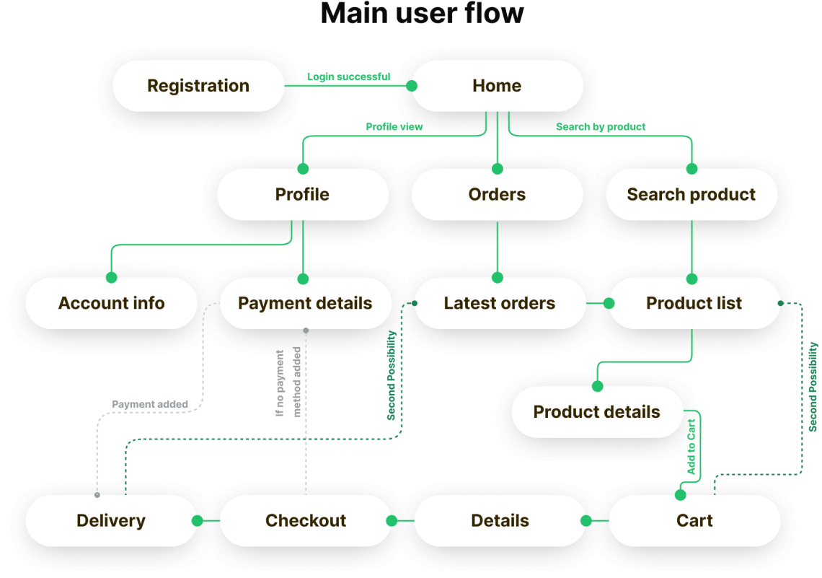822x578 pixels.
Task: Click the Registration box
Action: point(198,86)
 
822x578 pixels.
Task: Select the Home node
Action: point(497,86)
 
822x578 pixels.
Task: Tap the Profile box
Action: point(302,195)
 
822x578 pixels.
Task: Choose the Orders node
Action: point(497,195)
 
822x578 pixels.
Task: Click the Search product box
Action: point(691,195)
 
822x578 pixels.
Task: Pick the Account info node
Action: point(111,303)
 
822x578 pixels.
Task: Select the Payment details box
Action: point(305,303)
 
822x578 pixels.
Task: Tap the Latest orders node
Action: point(500,303)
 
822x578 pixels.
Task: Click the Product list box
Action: point(694,303)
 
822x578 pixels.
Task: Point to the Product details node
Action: point(596,412)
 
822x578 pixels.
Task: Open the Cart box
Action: point(694,521)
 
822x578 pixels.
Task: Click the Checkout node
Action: point(306,521)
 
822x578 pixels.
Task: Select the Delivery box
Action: point(111,521)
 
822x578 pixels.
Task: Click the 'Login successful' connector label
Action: point(348,76)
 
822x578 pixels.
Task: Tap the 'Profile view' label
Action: point(394,127)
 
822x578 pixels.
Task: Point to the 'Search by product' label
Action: point(601,127)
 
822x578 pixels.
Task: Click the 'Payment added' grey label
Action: point(150,405)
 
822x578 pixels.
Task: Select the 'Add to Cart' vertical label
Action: point(691,446)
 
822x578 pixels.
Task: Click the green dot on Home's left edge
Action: point(412,86)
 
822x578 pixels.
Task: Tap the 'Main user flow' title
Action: point(422,14)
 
